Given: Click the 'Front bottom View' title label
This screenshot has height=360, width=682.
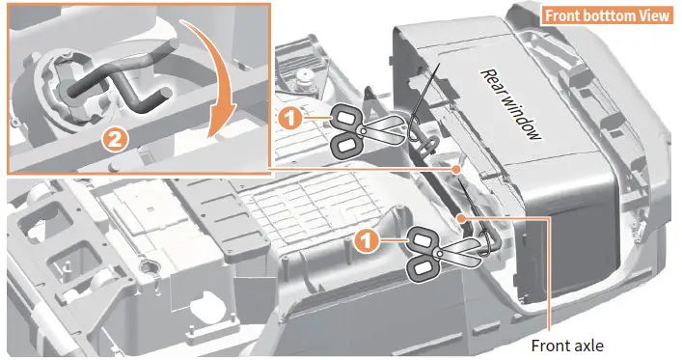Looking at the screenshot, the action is tap(607, 15).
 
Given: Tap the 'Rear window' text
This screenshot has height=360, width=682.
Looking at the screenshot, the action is tap(511, 105).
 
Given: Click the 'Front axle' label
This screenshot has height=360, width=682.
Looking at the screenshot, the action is tap(567, 346).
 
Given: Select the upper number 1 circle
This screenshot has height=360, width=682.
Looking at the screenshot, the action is tap(289, 118).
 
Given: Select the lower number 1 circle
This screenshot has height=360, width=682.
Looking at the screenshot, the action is tap(367, 240).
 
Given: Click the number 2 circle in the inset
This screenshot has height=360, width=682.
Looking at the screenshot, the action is tap(115, 140).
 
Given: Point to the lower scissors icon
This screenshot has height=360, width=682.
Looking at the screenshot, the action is tap(442, 251).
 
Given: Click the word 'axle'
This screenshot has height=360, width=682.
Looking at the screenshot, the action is tap(588, 346).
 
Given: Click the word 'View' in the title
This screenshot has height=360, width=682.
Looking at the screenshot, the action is tap(653, 15).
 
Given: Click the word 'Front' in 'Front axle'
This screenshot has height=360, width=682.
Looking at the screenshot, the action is tap(550, 346).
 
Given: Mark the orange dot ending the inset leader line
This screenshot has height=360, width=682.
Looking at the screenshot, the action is tap(456, 169).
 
